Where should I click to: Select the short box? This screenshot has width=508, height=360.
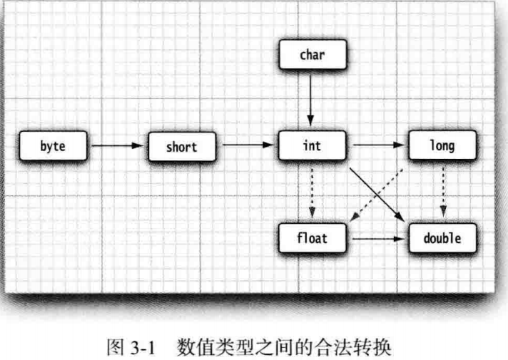(x=181, y=146)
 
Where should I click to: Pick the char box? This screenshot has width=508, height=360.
(x=311, y=55)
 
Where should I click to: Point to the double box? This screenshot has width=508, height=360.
(x=442, y=237)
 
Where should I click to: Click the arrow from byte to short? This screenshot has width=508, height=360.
(x=118, y=146)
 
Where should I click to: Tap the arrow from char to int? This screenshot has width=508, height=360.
(x=311, y=100)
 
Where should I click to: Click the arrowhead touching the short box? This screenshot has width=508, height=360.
(x=142, y=146)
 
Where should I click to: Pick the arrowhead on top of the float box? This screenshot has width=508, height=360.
(x=311, y=216)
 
